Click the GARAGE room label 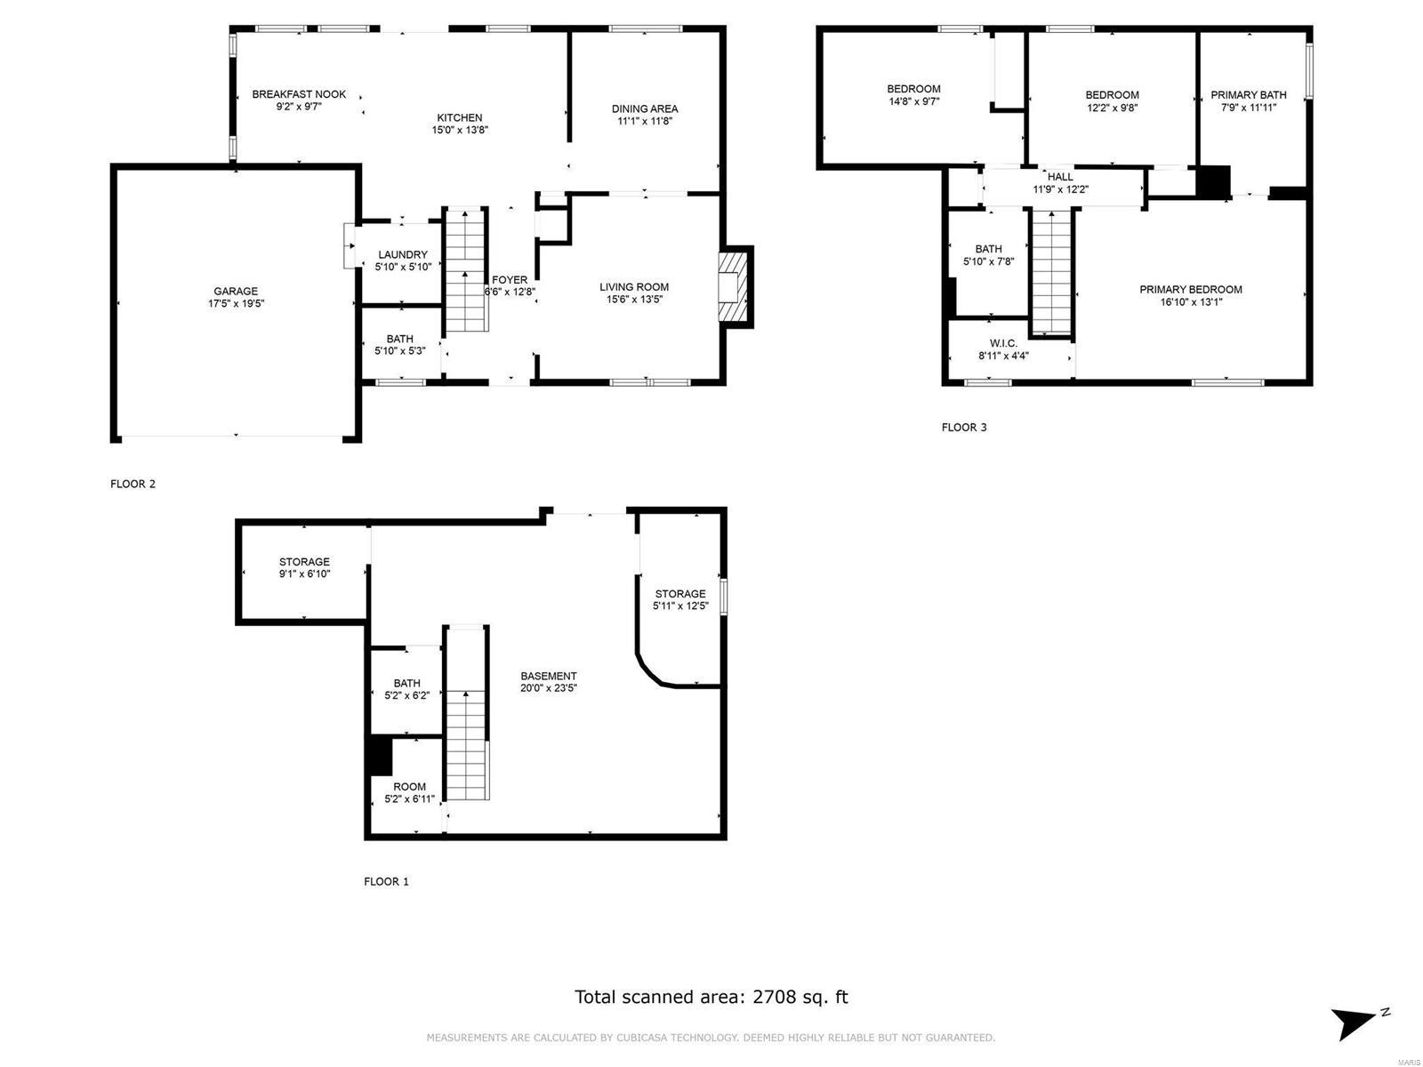point(235,291)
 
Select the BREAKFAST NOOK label point(299,94)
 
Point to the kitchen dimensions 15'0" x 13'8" point(460,130)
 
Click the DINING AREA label point(645,108)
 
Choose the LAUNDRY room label point(403,254)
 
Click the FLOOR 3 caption point(964,428)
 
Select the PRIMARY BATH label point(1249,94)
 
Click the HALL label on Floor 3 point(1060,177)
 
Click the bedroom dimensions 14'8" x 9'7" point(913,101)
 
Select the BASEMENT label point(549,676)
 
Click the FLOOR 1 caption point(386,882)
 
